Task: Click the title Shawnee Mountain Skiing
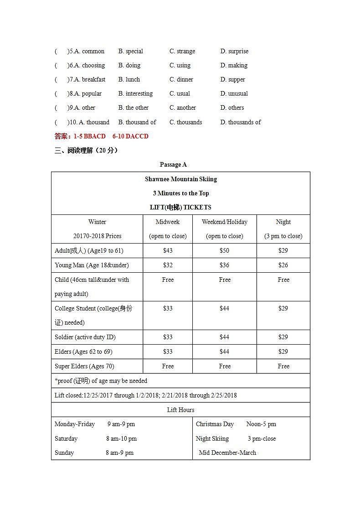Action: (x=180, y=179)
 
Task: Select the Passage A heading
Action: (x=173, y=164)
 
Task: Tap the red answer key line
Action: (x=101, y=136)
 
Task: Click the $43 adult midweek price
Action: (x=168, y=250)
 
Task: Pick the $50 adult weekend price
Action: (x=224, y=250)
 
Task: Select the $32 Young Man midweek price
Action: (x=168, y=265)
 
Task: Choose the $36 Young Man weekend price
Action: (x=224, y=265)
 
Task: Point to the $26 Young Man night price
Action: (x=283, y=265)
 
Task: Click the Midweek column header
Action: (x=168, y=222)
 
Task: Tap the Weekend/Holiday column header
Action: (x=224, y=222)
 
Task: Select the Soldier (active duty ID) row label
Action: (x=85, y=337)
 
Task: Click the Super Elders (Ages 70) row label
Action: (x=84, y=366)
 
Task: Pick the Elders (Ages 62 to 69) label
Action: (x=83, y=351)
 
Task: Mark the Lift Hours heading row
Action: (x=180, y=410)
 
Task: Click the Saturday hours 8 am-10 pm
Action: (x=121, y=438)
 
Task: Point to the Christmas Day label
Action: (x=215, y=424)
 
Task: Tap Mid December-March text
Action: (x=227, y=453)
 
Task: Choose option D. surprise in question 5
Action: (x=234, y=51)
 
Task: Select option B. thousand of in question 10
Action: (x=137, y=122)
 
